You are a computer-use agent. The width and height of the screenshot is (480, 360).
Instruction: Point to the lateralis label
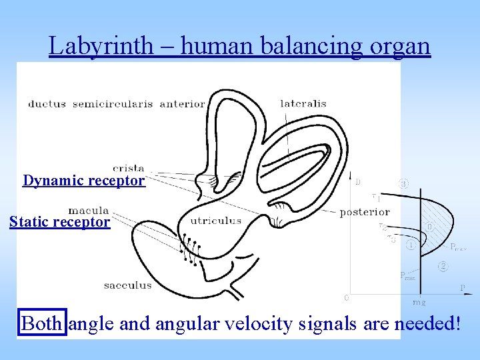(303, 103)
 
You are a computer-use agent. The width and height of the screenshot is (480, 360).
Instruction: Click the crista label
(129, 169)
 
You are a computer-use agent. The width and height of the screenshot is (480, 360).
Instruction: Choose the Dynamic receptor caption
(83, 181)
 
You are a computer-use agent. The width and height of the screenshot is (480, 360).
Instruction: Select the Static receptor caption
(59, 222)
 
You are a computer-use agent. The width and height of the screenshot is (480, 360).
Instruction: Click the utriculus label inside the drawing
(216, 221)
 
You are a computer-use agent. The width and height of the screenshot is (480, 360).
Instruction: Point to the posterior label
(365, 212)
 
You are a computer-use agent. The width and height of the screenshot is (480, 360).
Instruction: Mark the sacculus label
(127, 285)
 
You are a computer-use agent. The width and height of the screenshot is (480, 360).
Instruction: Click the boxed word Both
(43, 324)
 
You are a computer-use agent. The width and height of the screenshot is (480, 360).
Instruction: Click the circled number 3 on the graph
(404, 183)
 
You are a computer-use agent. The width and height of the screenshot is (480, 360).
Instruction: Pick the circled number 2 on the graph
(443, 267)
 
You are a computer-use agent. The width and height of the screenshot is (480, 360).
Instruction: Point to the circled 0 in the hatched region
(430, 227)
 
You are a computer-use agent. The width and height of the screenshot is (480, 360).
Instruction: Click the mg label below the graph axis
(419, 302)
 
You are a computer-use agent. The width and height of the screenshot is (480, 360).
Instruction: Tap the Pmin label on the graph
(407, 275)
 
